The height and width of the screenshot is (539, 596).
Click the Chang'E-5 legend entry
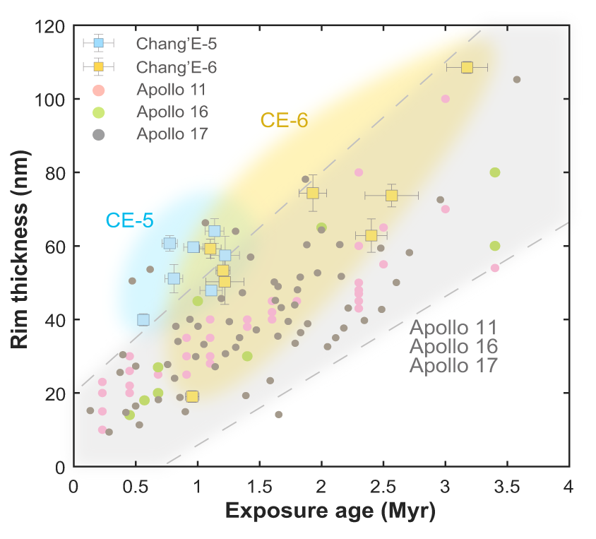point(177,44)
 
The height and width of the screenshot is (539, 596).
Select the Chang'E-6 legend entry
point(177,67)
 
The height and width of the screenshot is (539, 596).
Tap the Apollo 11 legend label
point(172,90)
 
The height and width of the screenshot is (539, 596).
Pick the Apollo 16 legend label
point(172,112)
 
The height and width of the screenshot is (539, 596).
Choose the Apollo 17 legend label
point(172,133)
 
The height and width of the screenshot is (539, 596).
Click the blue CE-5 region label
point(129,220)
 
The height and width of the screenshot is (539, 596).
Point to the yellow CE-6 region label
point(285,120)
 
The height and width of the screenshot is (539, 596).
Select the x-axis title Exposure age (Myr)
point(320,511)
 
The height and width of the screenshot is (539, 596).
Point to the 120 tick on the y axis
point(52,26)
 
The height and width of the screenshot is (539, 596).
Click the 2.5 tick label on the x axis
point(383,487)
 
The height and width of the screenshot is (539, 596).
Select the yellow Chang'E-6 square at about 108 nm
point(467,67)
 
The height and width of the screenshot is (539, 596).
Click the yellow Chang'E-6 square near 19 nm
point(191,396)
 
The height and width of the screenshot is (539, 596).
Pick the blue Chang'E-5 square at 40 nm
point(143,319)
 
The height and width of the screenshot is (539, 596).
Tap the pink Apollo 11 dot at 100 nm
point(446,99)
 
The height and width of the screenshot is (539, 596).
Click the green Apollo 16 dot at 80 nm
point(495,172)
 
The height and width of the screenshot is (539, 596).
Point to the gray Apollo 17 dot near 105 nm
point(517,80)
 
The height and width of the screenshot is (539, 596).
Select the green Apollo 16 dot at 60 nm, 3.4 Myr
point(495,246)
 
